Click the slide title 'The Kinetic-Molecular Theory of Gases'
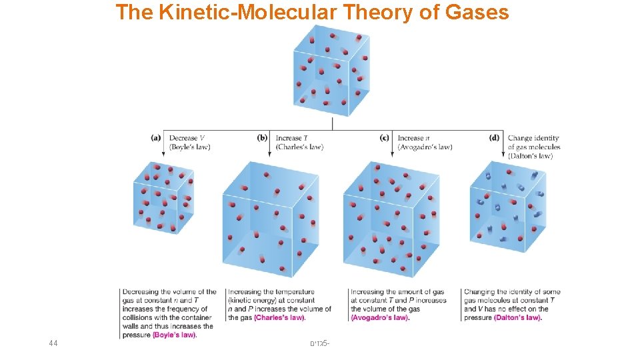(312, 12)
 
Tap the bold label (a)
(156, 138)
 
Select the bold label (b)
(263, 138)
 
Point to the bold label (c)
(385, 138)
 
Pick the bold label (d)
(494, 138)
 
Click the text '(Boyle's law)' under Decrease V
(190, 147)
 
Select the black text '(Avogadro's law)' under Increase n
(425, 147)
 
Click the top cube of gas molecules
(331, 70)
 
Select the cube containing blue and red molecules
(507, 207)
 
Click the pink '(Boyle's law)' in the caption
(175, 335)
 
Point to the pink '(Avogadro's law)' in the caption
(380, 318)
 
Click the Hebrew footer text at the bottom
(320, 344)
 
